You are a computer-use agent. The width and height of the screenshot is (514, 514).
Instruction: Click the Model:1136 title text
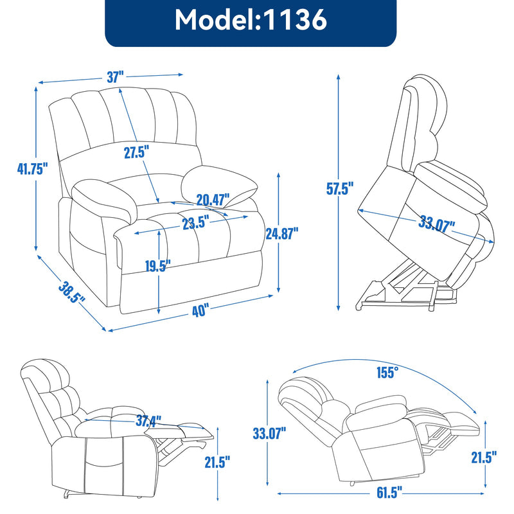pos(251,21)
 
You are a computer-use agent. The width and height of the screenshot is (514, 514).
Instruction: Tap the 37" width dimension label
pos(115,77)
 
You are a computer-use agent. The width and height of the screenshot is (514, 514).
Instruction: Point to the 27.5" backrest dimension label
pos(136,152)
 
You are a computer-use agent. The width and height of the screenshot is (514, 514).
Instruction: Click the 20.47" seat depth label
pos(213,200)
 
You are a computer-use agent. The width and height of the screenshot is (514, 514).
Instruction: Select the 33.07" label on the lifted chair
pos(436,227)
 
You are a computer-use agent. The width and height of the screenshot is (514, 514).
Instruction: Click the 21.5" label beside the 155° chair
pos(484,457)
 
